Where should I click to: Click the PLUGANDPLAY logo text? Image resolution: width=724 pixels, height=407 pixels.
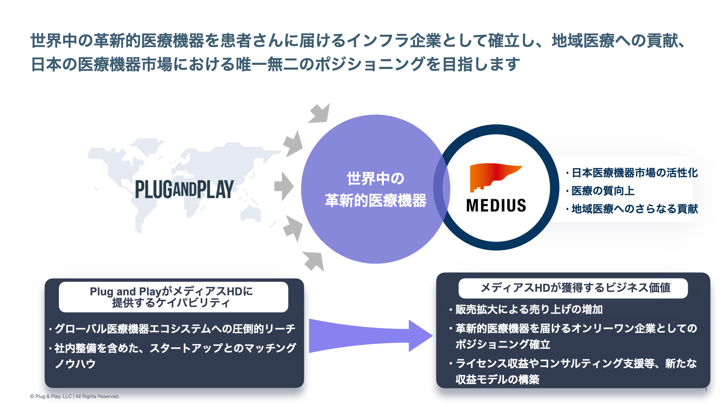(x=184, y=189)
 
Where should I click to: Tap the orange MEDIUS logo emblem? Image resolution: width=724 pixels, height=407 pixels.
(x=492, y=176)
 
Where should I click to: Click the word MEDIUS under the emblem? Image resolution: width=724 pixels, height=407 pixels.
(x=496, y=206)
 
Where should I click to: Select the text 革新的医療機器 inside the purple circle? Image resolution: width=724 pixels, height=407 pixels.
(x=376, y=200)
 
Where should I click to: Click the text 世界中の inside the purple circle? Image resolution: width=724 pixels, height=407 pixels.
(x=376, y=179)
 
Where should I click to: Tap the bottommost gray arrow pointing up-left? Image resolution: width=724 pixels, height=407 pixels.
(x=314, y=261)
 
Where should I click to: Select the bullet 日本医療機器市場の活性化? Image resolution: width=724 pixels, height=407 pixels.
(x=635, y=173)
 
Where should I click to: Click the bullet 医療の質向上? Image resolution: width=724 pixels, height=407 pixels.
(x=603, y=191)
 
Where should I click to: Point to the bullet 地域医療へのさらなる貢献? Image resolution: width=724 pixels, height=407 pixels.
(x=635, y=209)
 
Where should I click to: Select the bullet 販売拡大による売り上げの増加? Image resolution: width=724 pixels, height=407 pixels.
(x=529, y=310)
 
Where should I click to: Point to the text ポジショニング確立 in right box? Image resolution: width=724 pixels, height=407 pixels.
(x=503, y=344)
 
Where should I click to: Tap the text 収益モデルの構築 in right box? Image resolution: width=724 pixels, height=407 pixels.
(x=497, y=379)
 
